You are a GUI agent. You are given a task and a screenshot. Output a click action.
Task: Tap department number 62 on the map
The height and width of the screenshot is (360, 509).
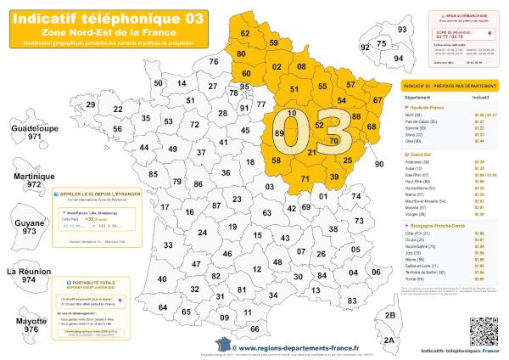pyautogui.click(x=245, y=33)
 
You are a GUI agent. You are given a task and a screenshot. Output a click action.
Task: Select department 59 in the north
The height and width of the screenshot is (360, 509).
pyautogui.click(x=273, y=42)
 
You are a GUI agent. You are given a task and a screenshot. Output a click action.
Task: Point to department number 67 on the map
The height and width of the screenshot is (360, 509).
pyautogui.click(x=378, y=100)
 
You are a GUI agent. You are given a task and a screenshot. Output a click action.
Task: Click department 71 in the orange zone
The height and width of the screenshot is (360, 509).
pyautogui.click(x=305, y=178)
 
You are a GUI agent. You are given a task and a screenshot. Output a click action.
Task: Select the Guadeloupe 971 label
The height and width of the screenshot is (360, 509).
pyautogui.click(x=33, y=131)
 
